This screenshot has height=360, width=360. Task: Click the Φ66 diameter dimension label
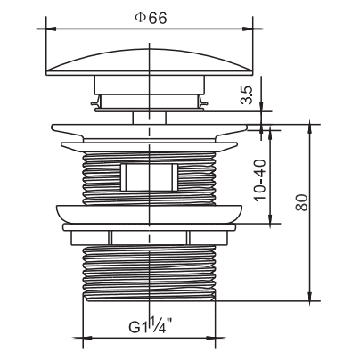click(x=151, y=19)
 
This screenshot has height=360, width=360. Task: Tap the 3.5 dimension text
click(x=247, y=94)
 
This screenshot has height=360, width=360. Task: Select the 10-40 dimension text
click(x=260, y=180)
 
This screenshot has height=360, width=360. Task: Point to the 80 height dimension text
click(x=301, y=202)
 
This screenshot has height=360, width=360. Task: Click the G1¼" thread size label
click(x=151, y=325)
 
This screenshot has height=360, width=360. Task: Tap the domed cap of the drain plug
click(x=151, y=61)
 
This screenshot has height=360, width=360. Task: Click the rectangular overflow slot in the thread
click(x=150, y=177)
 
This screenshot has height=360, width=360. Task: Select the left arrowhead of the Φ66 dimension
click(x=51, y=29)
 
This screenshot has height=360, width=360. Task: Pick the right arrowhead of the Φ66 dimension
click(x=248, y=29)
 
